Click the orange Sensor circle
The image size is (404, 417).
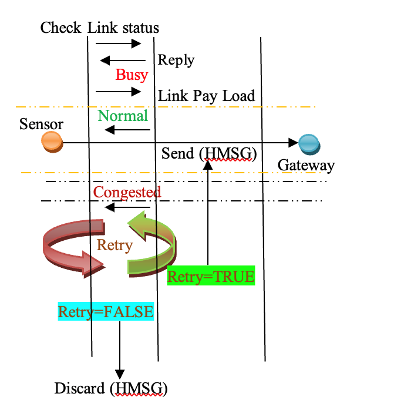click(52, 142)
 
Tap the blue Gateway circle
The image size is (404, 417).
click(308, 143)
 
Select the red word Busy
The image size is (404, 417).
click(132, 75)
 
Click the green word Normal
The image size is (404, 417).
click(123, 116)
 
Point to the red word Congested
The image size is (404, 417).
click(127, 192)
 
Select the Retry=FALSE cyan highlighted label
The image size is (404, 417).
click(106, 312)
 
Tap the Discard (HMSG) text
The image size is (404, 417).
click(111, 388)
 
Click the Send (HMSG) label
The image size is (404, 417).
click(209, 153)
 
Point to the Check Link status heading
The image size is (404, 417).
click(100, 28)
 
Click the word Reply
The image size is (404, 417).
click(176, 60)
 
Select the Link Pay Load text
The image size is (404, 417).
click(207, 95)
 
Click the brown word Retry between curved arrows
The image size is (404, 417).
click(115, 245)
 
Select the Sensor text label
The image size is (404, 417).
click(41, 124)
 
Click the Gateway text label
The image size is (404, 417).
click(306, 165)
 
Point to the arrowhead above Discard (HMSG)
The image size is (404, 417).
click(120, 374)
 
